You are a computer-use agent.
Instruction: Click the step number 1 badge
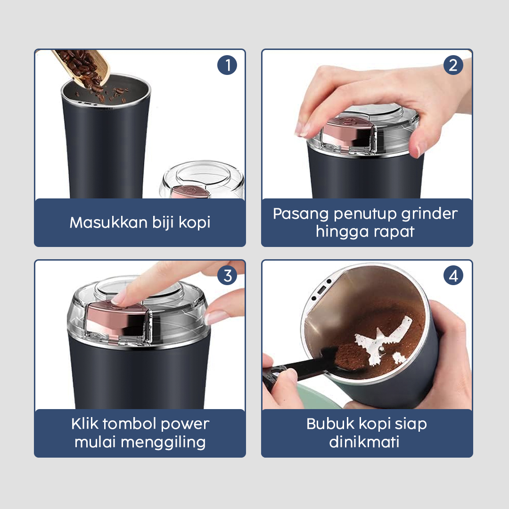(227, 66)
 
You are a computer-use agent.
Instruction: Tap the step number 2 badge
(453, 66)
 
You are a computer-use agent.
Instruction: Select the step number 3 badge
(227, 276)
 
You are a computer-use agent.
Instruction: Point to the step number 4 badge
(453, 276)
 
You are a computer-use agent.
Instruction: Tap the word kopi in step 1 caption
(194, 223)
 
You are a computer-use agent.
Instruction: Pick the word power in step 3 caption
(185, 424)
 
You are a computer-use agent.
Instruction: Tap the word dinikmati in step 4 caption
(364, 442)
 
